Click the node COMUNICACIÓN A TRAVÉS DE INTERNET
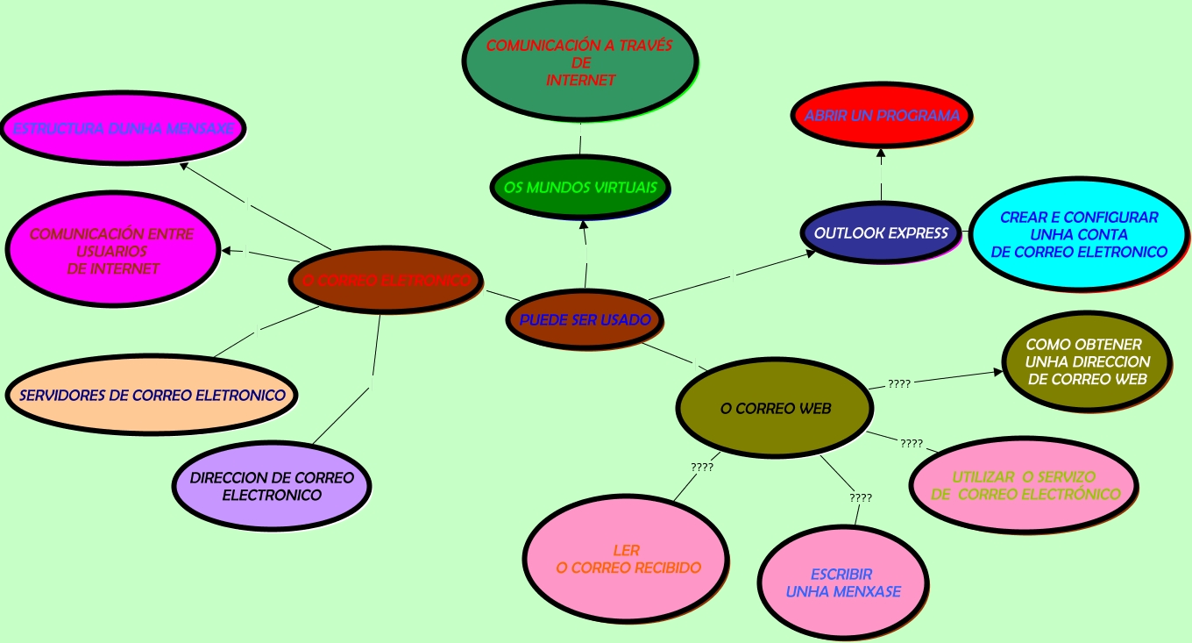[579, 61]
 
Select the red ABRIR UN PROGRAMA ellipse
[882, 116]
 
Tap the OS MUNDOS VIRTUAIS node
[580, 188]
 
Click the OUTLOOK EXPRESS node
[881, 232]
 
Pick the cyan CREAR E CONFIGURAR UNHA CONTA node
[1079, 234]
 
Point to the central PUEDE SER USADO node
[585, 319]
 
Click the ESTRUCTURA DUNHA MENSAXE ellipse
[123, 128]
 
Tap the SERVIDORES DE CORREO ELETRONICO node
[153, 395]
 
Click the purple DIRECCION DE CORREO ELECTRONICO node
[272, 486]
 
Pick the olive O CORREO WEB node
[775, 408]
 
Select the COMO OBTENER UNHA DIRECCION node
[1087, 361]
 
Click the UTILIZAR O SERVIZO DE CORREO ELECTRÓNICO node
[1024, 485]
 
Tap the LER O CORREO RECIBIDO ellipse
[627, 559]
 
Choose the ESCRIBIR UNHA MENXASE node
[843, 582]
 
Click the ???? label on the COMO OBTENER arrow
[899, 384]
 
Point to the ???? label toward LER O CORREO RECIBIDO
[702, 468]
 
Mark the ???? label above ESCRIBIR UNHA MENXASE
[861, 498]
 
